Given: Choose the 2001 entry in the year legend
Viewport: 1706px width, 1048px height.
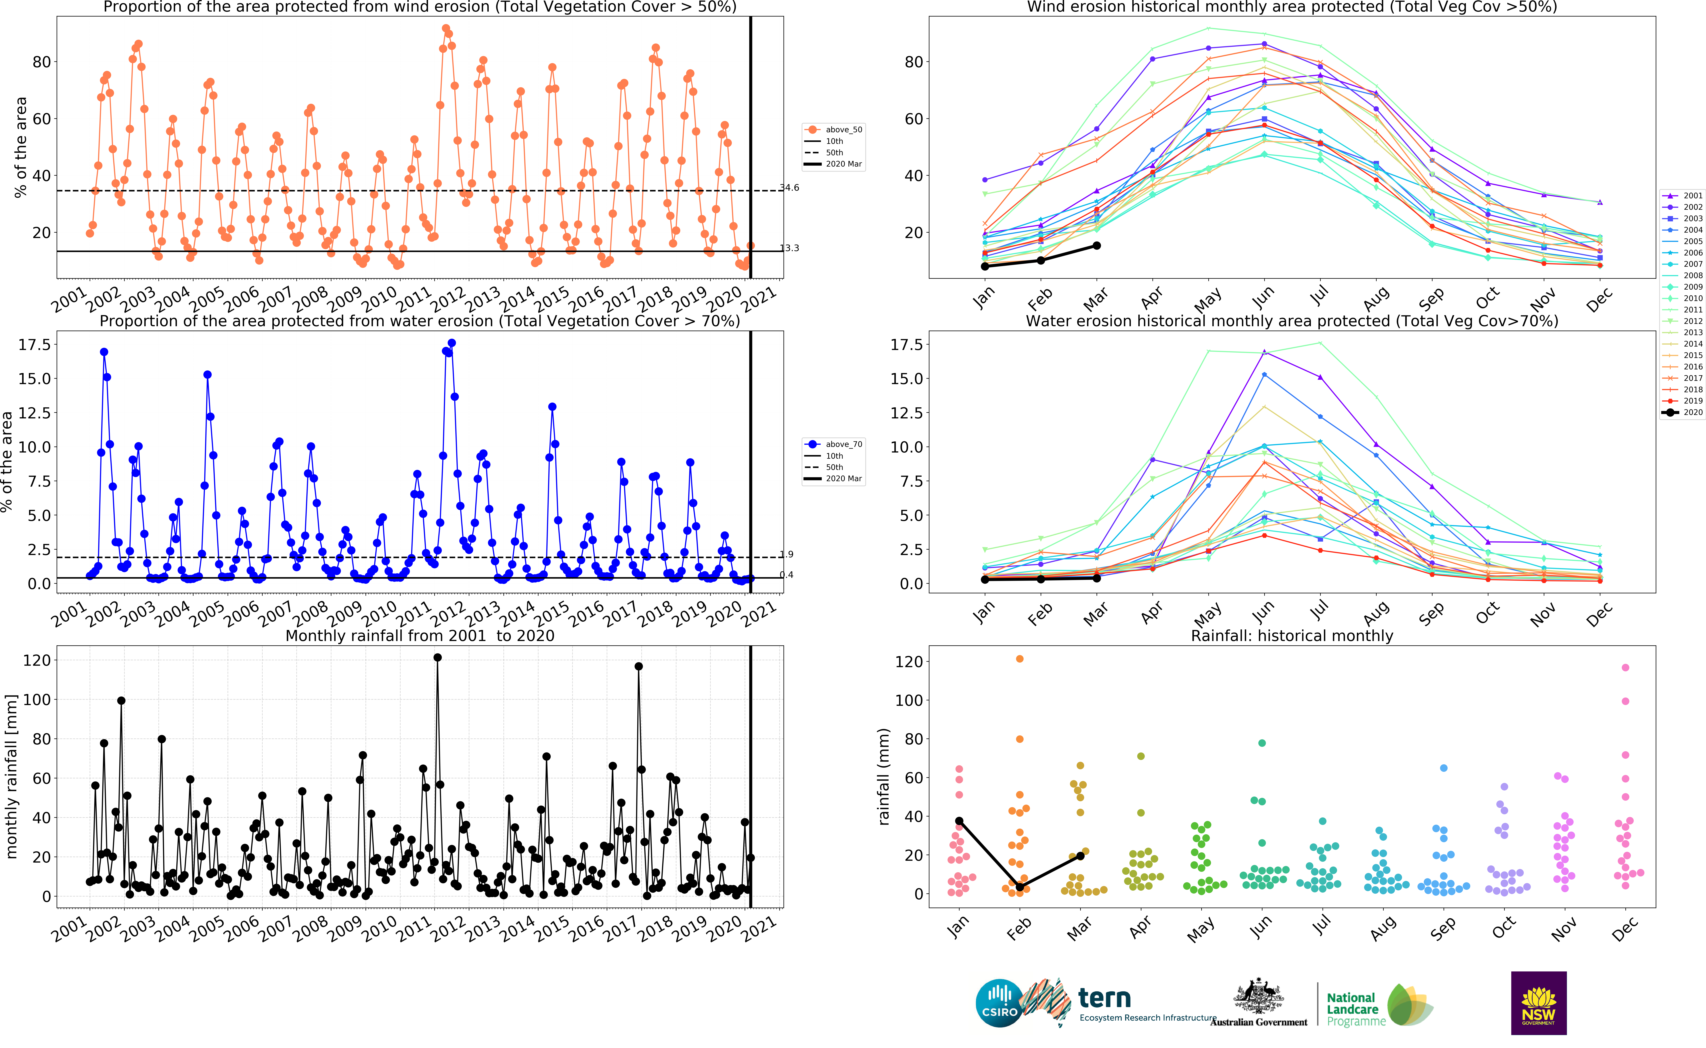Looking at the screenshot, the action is (1682, 195).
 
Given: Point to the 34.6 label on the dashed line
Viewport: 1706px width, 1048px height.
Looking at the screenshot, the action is (790, 187).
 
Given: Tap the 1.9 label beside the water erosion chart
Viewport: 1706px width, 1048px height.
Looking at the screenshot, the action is (787, 554).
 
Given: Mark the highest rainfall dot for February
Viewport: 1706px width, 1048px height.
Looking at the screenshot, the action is (1020, 658).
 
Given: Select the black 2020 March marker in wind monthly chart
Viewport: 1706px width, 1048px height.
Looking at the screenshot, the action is (1097, 245).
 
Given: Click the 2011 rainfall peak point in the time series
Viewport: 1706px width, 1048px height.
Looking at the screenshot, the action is (437, 658).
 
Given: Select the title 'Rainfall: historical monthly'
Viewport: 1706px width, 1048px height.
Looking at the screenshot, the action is (1292, 636).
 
